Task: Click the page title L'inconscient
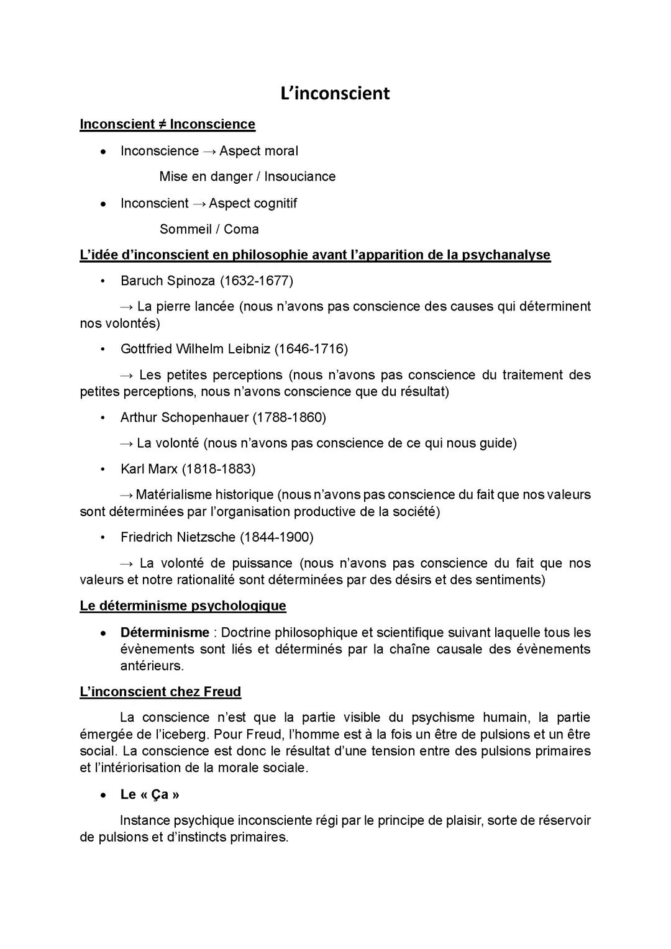pyautogui.click(x=335, y=93)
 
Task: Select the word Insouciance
pyautogui.click(x=300, y=176)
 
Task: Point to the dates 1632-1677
pyautogui.click(x=256, y=281)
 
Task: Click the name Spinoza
pyautogui.click(x=190, y=281)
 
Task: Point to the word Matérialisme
pyautogui.click(x=173, y=495)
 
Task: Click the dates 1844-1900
pyautogui.click(x=276, y=537)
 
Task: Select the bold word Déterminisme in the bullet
pyautogui.click(x=165, y=633)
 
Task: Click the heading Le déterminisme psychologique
pyautogui.click(x=183, y=606)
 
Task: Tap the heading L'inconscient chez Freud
pyautogui.click(x=160, y=692)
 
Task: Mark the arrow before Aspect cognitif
pyautogui.click(x=199, y=204)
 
